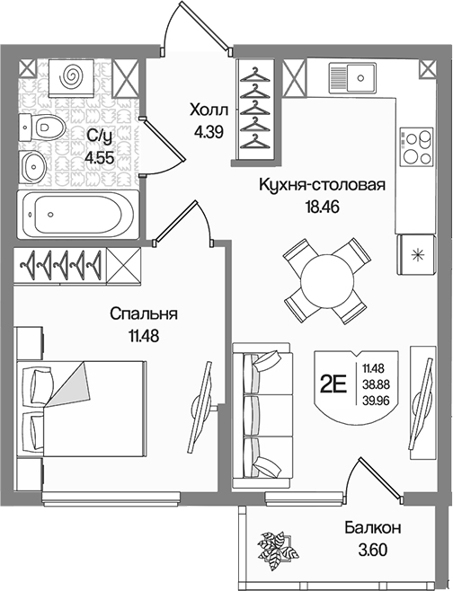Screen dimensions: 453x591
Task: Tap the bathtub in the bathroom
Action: [x=78, y=214]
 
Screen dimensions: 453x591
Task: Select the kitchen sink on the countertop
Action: [x=352, y=78]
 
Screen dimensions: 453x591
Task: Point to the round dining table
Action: [x=327, y=280]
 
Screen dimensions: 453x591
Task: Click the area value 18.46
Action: [x=320, y=207]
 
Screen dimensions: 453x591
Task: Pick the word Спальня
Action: [x=144, y=314]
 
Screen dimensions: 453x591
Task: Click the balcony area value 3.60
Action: [x=372, y=551]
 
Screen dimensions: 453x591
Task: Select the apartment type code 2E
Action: [x=333, y=384]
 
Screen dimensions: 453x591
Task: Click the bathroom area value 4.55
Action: [x=100, y=157]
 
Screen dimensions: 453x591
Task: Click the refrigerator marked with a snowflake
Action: [x=416, y=255]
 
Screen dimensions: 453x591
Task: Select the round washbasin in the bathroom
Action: [x=33, y=165]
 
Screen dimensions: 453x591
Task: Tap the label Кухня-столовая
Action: [x=322, y=185]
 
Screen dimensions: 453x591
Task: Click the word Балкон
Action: [x=372, y=528]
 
